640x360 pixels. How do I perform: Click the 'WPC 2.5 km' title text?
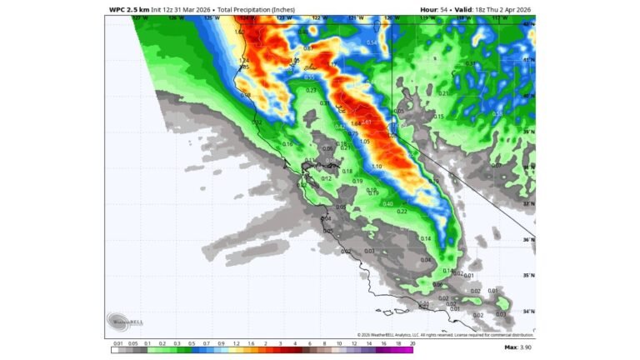[129, 9]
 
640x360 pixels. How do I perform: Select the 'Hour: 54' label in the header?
[433, 9]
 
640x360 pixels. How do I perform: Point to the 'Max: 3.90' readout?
[517, 347]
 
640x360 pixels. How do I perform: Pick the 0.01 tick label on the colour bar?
[118, 342]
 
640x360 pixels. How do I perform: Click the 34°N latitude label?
[529, 311]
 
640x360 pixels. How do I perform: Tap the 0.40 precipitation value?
[387, 203]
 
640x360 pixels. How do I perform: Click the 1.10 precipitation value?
[377, 167]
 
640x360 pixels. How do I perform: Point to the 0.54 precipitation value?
[372, 42]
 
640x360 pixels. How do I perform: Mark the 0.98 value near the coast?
[245, 94]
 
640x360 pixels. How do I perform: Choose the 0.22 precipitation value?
[402, 212]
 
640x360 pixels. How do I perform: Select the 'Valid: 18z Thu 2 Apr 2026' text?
[493, 9]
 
